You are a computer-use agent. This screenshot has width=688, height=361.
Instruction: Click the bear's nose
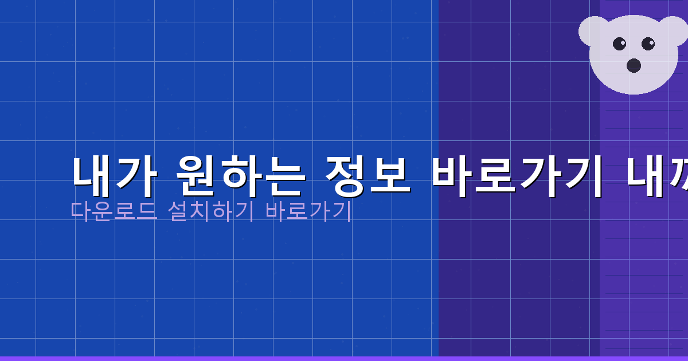pos(634,65)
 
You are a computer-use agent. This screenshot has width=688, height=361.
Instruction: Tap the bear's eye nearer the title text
pos(619,44)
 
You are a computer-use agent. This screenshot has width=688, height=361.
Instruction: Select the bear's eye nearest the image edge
pos(648,44)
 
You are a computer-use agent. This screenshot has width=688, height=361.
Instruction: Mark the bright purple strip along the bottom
pos(344,358)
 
